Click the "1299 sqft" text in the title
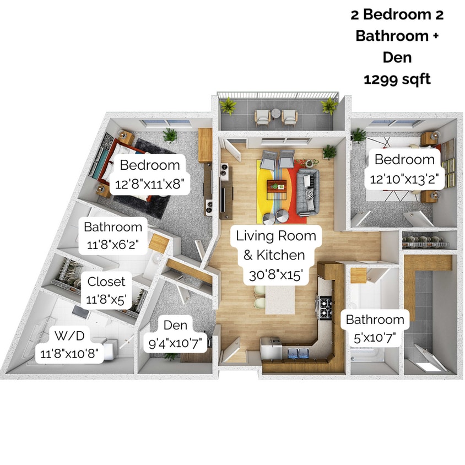click(x=397, y=79)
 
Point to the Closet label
click(x=106, y=282)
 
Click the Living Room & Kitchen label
click(x=276, y=236)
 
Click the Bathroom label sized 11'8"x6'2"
click(x=113, y=227)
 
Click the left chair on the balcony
click(x=262, y=117)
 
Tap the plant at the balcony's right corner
click(x=329, y=105)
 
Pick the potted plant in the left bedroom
click(x=170, y=134)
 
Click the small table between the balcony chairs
click(x=275, y=117)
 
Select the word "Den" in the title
click(x=397, y=58)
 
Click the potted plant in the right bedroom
click(x=359, y=134)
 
